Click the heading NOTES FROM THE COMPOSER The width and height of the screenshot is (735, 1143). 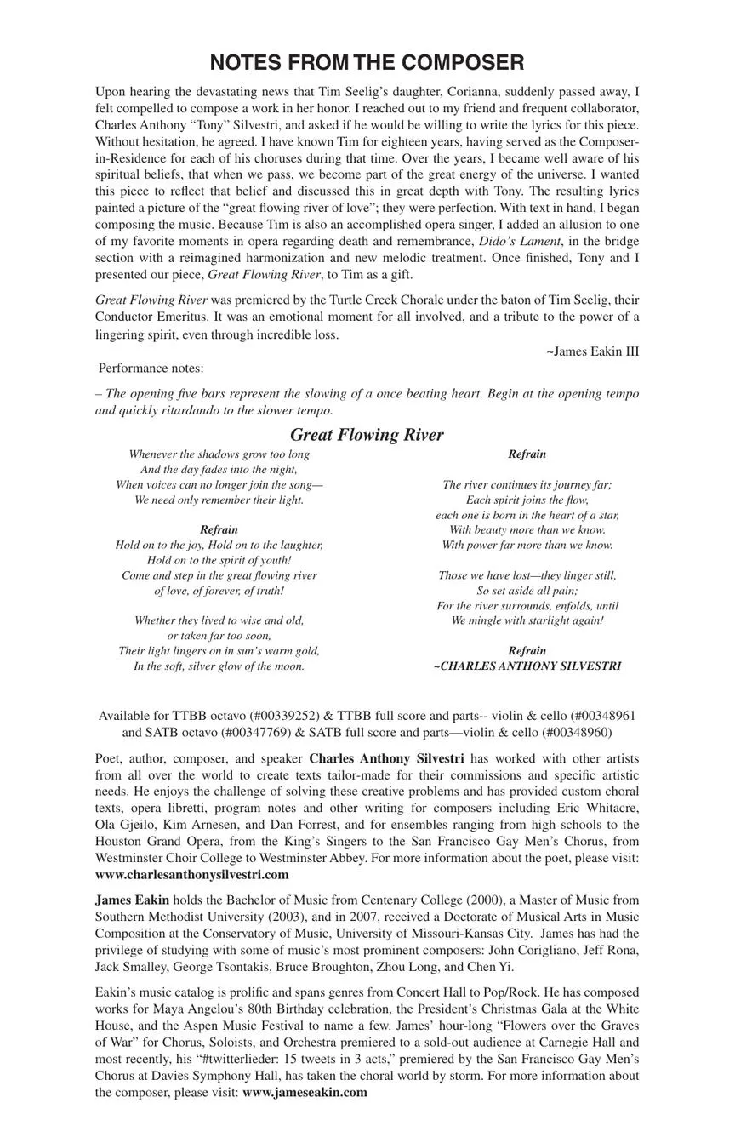click(367, 63)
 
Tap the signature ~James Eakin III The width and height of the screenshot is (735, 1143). click(592, 351)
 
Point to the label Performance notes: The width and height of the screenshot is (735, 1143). click(151, 369)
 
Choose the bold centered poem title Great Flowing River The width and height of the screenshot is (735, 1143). click(367, 435)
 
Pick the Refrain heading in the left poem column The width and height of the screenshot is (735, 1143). click(219, 529)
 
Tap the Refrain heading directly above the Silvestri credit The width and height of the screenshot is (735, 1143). click(527, 651)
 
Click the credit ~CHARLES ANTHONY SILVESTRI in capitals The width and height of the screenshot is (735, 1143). click(527, 666)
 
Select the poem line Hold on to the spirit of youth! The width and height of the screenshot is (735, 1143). click(219, 560)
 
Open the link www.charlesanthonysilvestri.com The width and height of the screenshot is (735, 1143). click(192, 875)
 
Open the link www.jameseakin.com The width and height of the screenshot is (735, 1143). click(305, 1093)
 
